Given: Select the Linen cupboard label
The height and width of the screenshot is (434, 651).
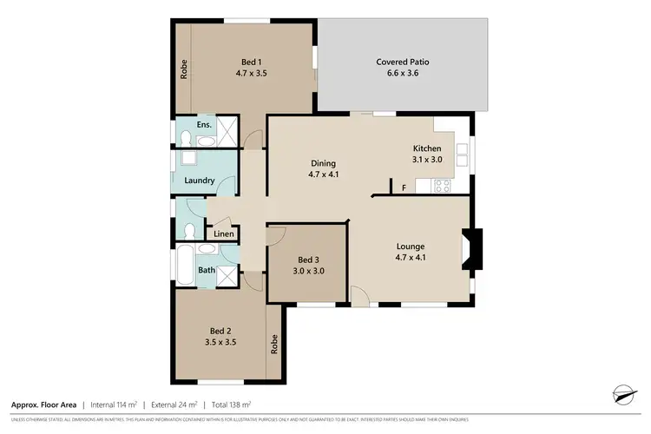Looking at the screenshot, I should click(x=222, y=234).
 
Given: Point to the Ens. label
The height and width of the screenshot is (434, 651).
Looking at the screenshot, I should click(x=204, y=125).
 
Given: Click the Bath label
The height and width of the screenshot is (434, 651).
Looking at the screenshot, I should click(x=207, y=270).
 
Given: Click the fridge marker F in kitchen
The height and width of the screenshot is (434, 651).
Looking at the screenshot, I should click(x=404, y=187).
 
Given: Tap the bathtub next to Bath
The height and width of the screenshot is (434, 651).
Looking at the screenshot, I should click(x=185, y=264).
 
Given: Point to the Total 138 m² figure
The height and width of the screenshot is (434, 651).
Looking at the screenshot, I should click(x=229, y=404).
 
